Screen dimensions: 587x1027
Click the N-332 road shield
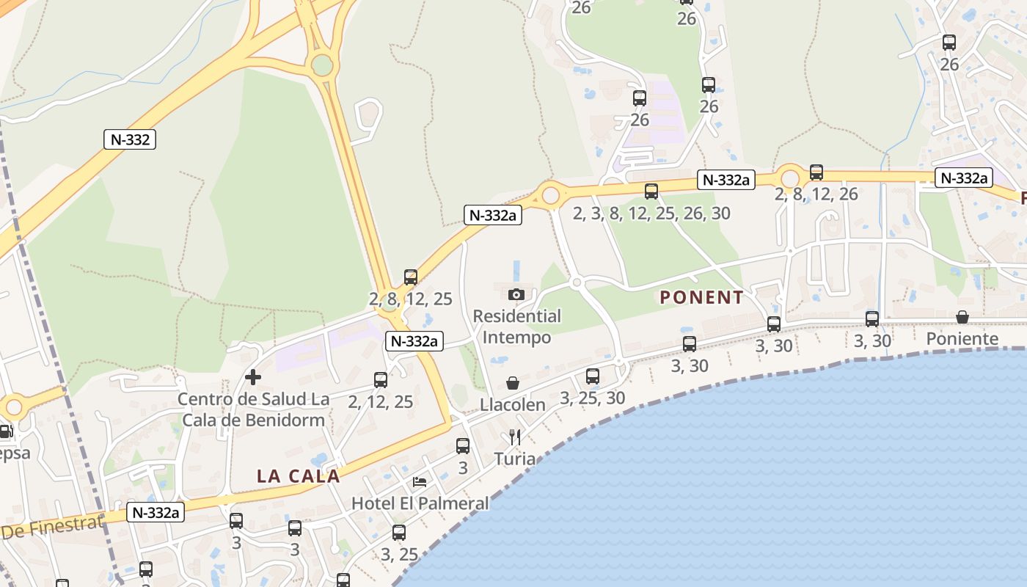click(130, 139)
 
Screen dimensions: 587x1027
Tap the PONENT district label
click(701, 297)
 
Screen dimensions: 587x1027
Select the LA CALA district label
click(298, 475)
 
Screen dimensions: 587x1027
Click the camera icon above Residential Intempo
click(516, 294)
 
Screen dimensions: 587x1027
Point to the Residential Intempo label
click(516, 327)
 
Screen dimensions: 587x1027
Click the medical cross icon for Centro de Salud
click(253, 377)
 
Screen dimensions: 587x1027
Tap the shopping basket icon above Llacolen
click(513, 383)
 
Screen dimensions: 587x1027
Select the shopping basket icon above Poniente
click(962, 317)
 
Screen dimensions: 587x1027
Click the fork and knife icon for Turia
click(515, 437)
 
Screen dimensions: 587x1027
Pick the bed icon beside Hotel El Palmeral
click(420, 481)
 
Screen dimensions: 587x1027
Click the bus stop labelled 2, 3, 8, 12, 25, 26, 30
click(651, 192)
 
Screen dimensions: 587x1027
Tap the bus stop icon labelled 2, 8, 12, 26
click(816, 172)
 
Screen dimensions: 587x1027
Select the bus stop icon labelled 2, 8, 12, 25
click(411, 277)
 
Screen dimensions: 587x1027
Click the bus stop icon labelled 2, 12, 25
click(381, 380)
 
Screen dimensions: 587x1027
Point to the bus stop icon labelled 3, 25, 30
click(592, 376)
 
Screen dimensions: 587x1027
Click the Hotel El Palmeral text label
click(420, 503)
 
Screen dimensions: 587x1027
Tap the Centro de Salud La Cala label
click(253, 409)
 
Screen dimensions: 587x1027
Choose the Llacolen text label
click(513, 405)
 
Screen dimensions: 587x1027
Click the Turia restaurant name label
click(514, 459)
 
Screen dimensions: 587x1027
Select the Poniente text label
click(962, 339)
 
